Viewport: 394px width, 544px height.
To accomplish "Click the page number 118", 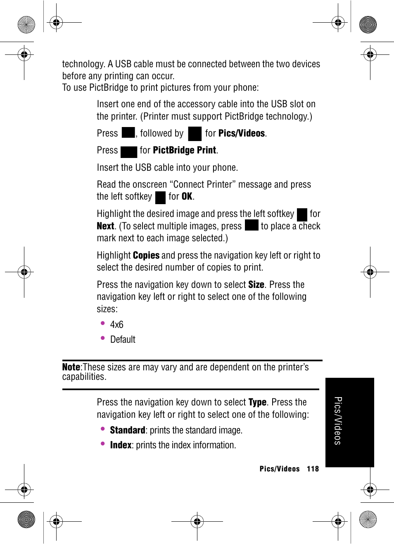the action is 313,469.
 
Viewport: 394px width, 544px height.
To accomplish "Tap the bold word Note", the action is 71,367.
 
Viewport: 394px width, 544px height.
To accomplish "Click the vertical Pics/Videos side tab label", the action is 338,421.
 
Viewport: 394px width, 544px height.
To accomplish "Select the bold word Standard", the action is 128,430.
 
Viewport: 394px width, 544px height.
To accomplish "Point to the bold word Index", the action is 121,445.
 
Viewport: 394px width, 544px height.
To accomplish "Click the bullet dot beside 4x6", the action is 103,323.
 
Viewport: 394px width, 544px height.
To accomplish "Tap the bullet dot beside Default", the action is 103,338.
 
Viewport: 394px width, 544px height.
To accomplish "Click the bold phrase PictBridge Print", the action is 185,150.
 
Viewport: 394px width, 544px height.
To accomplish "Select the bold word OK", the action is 187,196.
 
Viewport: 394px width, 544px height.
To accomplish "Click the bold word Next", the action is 105,226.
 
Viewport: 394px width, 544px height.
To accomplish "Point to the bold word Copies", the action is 146,255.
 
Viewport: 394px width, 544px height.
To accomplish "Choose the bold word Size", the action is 256,285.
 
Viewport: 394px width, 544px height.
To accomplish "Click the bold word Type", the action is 257,402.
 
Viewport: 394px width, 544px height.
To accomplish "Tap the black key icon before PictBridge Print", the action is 129,152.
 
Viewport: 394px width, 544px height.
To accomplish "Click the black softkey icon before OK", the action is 160,197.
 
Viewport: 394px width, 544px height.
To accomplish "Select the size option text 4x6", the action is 117,325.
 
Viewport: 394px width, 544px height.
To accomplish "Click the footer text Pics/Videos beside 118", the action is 280,469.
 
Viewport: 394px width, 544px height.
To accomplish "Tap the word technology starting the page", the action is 83,64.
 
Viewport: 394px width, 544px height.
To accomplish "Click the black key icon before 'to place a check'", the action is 252,225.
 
